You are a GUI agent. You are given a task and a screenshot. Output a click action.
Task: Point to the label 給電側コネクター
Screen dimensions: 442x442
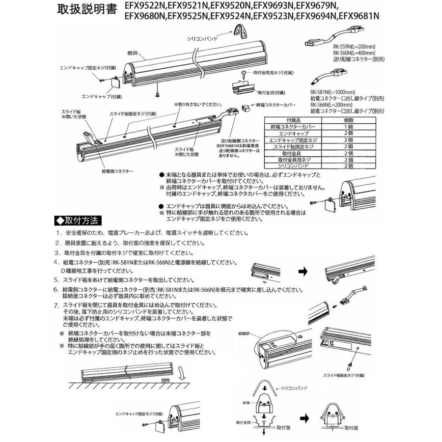coord(117,171)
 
